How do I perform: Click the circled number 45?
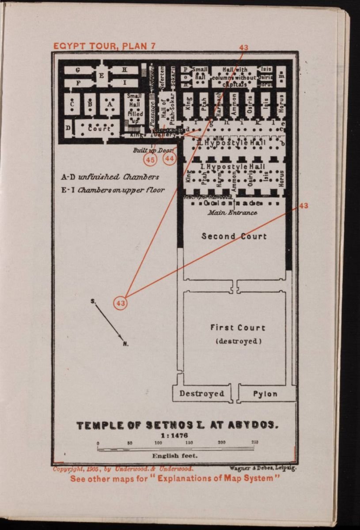150,159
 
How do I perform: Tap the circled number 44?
170,158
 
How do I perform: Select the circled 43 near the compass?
121,303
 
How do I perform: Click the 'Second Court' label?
234,236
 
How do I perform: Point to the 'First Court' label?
238,328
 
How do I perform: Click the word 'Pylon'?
265,394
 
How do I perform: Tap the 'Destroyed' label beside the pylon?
202,394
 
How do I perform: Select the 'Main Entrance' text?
233,212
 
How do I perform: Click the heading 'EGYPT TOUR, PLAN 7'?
104,46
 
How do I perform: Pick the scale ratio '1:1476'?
178,435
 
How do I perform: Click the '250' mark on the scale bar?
255,442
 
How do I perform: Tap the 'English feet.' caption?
175,455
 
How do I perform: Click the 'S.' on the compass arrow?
93,302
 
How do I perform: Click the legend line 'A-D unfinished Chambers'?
110,177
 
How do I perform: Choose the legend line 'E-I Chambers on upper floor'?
113,190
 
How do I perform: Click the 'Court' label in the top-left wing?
99,129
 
